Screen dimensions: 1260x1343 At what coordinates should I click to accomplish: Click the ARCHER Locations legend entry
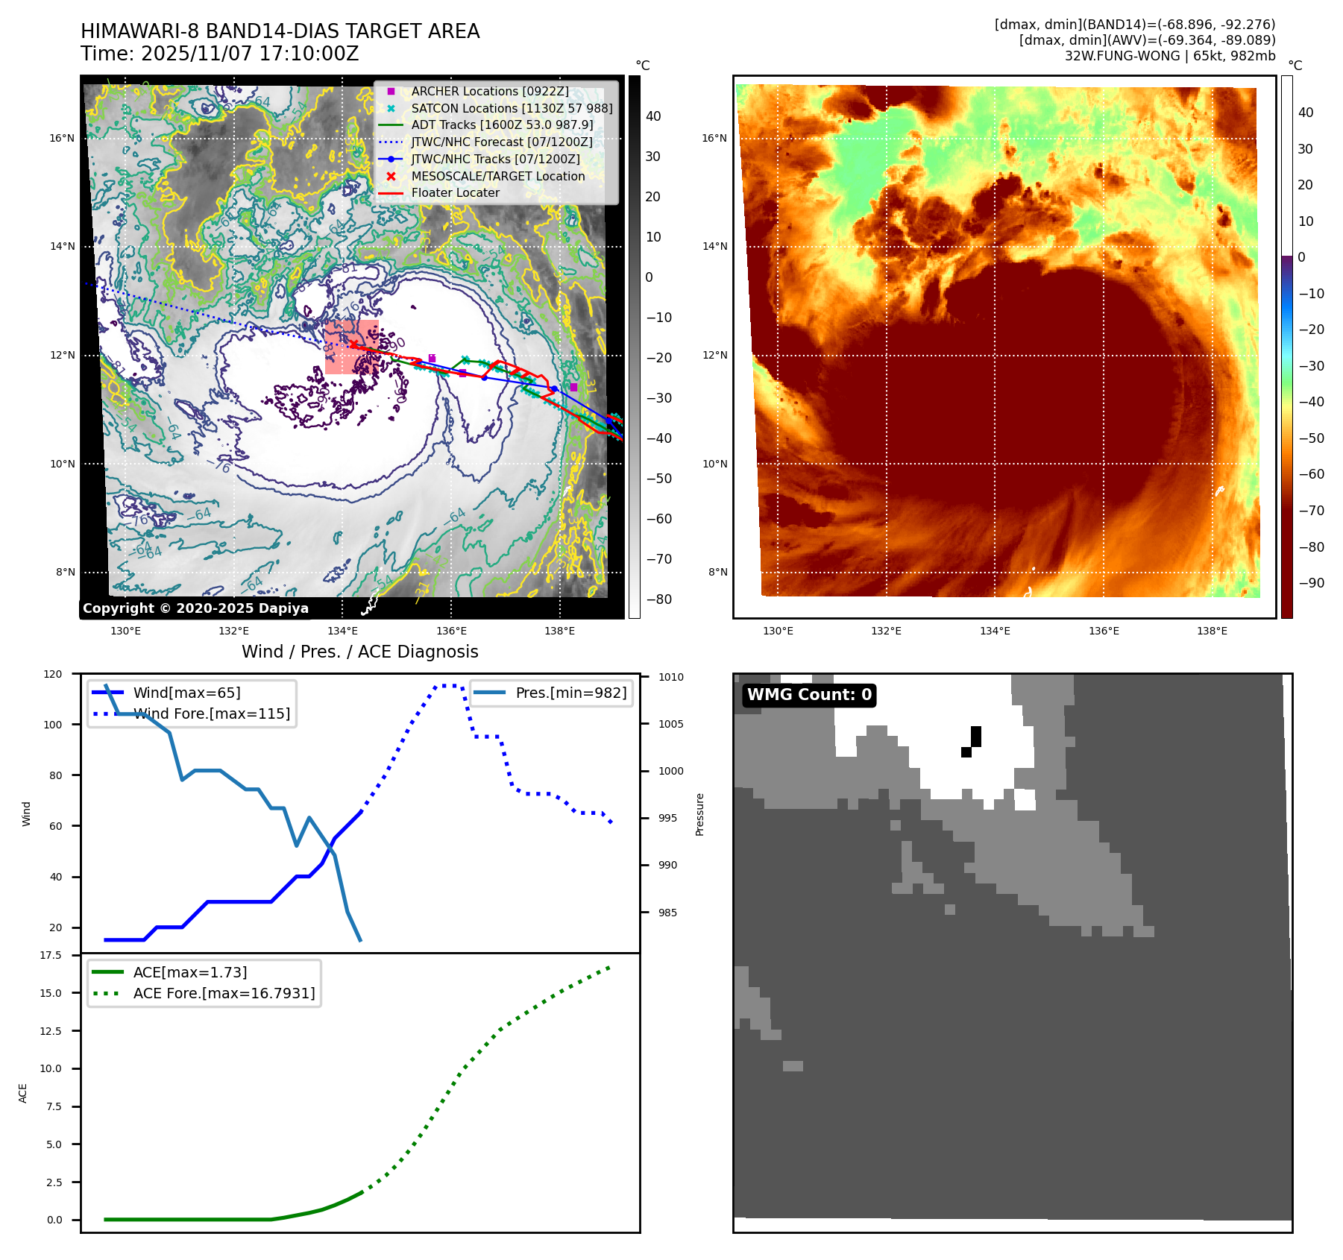point(489,91)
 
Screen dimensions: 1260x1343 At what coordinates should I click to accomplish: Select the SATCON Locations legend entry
point(512,108)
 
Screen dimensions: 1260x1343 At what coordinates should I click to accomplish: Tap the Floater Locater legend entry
point(455,192)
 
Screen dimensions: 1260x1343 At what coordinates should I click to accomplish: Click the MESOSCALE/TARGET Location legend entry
point(497,176)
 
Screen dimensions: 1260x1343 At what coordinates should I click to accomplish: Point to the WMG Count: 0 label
point(809,695)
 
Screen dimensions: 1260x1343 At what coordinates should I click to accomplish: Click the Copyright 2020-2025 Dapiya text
point(195,608)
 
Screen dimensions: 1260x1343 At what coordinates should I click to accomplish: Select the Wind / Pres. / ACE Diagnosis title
point(359,652)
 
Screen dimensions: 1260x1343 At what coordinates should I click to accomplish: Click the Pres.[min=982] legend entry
point(570,693)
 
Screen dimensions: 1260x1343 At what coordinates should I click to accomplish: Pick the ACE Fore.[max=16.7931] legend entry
point(224,993)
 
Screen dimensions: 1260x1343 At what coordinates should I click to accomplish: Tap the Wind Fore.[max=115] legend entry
point(212,714)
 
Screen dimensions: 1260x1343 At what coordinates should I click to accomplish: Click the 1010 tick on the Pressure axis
point(670,677)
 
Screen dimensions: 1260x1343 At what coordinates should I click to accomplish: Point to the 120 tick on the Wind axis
point(53,674)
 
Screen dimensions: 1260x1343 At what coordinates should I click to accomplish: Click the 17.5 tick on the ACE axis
point(51,955)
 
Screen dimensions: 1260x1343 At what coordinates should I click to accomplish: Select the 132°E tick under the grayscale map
point(233,631)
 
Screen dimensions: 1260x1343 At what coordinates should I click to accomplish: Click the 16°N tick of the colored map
point(714,138)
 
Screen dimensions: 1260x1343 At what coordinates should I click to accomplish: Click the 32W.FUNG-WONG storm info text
point(1169,56)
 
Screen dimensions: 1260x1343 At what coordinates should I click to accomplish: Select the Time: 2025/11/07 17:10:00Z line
point(220,54)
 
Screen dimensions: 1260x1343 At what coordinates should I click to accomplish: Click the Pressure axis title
point(699,814)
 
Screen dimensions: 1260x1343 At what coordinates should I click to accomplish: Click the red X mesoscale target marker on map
point(353,344)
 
